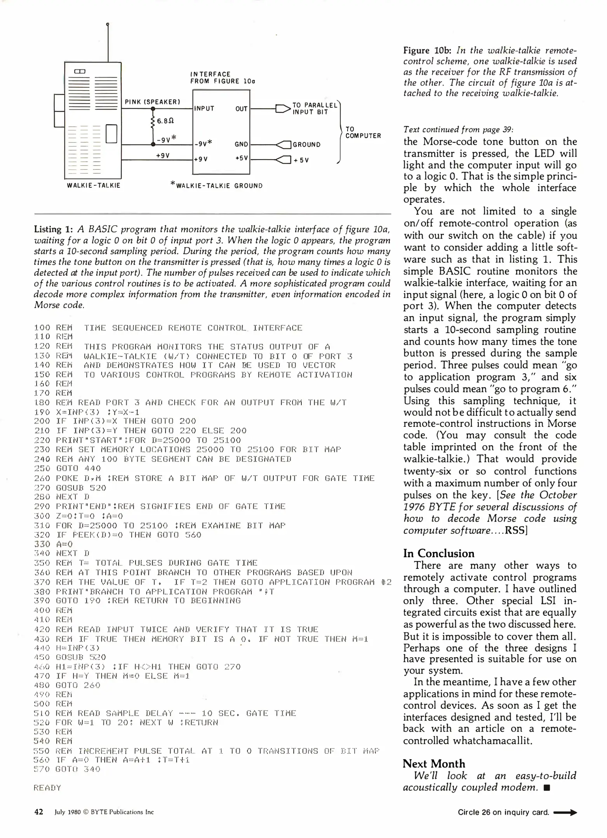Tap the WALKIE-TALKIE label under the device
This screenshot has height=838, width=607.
coord(94,185)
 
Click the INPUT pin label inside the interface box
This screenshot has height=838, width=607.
coord(204,109)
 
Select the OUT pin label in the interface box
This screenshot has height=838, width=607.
coord(241,109)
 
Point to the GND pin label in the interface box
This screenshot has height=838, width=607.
coord(241,144)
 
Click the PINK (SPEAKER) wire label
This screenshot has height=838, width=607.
coord(152,102)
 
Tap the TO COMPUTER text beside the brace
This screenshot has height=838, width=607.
coord(363,132)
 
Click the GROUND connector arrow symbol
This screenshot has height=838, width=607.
coord(283,145)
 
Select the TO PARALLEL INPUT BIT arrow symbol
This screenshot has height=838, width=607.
coord(283,109)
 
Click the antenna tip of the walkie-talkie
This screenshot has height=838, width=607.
coord(108,24)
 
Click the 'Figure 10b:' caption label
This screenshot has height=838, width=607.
coord(427,50)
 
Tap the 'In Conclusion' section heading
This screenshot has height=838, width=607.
coord(438,553)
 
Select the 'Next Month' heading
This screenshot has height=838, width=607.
coord(434,764)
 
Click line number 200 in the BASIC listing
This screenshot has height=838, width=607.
coord(42,421)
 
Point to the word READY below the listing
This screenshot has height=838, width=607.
coord(47,788)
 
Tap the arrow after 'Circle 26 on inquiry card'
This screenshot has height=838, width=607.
coord(565,812)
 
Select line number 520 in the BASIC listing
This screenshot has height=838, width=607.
coord(42,723)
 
